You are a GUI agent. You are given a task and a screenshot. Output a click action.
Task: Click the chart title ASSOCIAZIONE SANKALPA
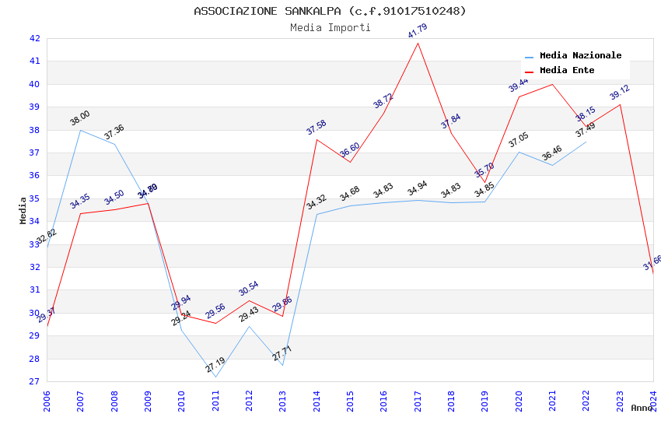coord(330,11)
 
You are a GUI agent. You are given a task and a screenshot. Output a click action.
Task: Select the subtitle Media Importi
coord(330,27)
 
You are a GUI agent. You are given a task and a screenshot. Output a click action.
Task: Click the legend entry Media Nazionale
coord(580,55)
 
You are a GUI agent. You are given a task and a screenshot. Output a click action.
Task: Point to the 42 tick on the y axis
coord(34,38)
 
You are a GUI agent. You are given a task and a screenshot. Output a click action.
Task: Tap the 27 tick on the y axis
coord(34,381)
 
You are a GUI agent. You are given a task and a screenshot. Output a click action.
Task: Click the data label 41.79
coord(418,31)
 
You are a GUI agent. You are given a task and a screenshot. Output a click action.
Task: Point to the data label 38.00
coord(80,118)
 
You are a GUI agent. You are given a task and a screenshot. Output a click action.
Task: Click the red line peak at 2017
coord(418,43)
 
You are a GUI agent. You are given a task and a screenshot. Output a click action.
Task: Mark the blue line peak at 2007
coord(80,130)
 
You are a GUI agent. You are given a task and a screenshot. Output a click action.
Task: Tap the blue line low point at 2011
coord(215,377)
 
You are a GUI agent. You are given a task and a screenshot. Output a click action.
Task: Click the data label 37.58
coord(317,128)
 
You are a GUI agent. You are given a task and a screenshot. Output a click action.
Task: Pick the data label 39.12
coord(620,93)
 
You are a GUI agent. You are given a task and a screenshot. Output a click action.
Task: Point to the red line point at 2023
coord(620,104)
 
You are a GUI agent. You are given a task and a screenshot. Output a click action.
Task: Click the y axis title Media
coord(23,210)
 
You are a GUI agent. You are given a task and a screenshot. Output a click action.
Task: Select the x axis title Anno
coord(642,408)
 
